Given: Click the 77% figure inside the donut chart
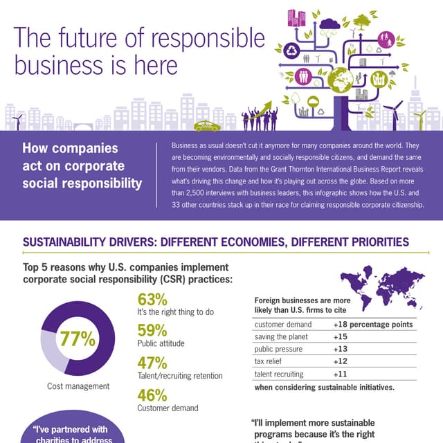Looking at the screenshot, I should pos(78,338).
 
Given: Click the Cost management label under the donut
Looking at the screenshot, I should pos(78,386).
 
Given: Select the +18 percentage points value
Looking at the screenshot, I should pos(372,324).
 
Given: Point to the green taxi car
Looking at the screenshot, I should pos(207,126).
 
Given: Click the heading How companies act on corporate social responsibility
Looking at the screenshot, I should pos(82,165).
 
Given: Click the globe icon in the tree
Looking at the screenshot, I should pos(340,78).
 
